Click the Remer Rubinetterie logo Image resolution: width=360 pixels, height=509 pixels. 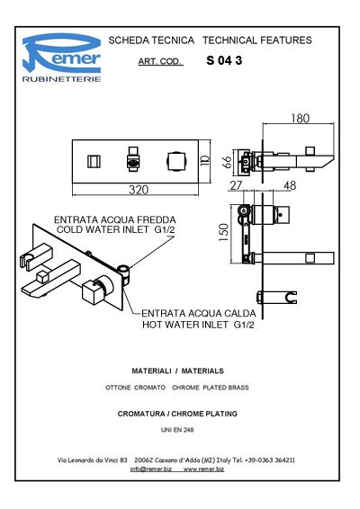click(61, 58)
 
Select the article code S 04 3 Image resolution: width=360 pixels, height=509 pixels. click(224, 60)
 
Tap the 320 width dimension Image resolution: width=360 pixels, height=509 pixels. click(139, 190)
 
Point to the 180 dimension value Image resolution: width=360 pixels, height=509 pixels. click(301, 119)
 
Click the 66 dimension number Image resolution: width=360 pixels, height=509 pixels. click(228, 162)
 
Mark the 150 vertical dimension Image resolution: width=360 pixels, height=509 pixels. click(223, 232)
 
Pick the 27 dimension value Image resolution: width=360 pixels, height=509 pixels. click(236, 185)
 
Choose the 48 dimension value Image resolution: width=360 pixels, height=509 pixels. click(290, 185)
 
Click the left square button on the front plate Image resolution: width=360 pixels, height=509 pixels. click(94, 161)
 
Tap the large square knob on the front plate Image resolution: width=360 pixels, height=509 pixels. click(176, 161)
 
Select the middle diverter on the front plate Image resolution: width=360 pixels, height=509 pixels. click(133, 159)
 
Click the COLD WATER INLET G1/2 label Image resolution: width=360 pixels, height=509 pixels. click(116, 229)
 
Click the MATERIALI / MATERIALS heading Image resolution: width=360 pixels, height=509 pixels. click(177, 371)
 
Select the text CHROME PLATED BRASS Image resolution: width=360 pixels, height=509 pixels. click(211, 388)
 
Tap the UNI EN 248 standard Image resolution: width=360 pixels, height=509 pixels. click(177, 430)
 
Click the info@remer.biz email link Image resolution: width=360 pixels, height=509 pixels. click(151, 469)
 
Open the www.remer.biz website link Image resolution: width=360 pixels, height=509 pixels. click(203, 469)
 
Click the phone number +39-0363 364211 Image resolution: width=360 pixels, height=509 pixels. click(270, 460)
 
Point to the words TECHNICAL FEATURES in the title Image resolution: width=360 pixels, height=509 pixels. click(257, 40)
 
